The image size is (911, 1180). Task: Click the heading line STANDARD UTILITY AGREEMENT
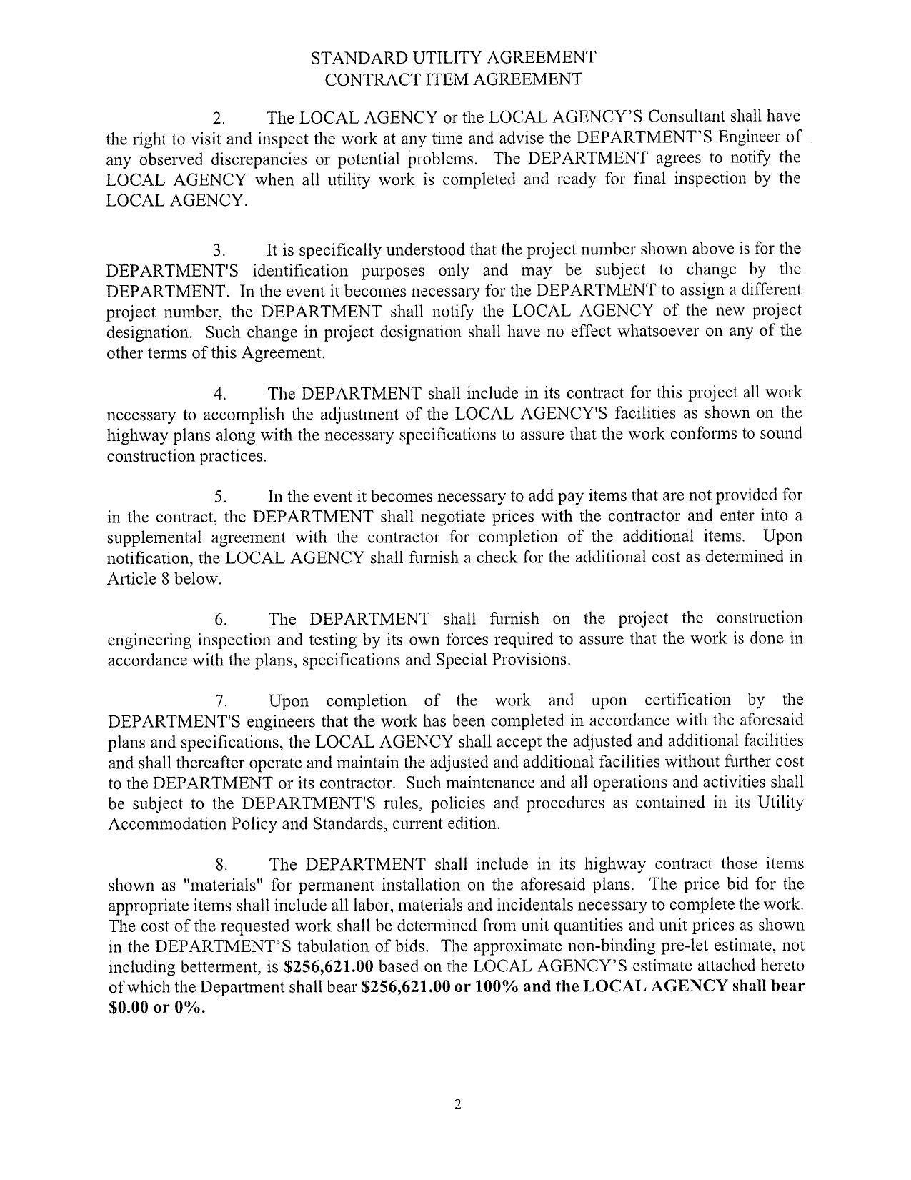[x=453, y=57]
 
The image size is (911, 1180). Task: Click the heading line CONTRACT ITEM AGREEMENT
[x=453, y=79]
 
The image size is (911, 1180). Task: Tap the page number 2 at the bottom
[x=457, y=1105]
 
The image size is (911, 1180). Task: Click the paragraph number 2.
[x=219, y=118]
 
